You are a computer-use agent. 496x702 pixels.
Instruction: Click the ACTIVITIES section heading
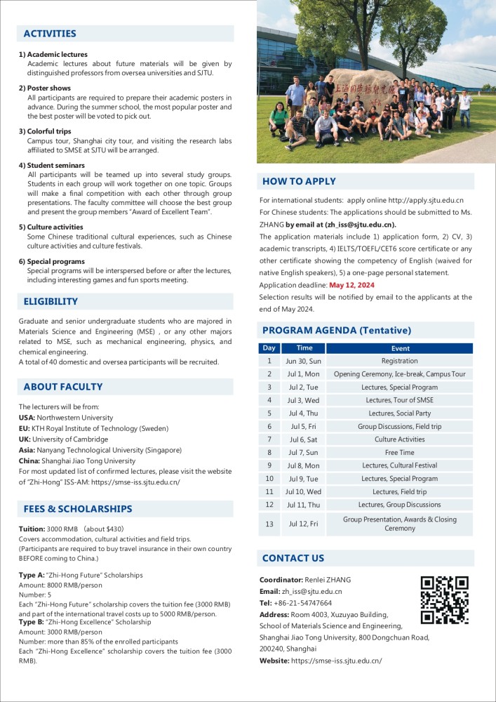click(x=50, y=34)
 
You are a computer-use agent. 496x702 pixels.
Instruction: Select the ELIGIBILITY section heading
click(x=51, y=302)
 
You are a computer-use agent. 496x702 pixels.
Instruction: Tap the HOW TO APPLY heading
click(x=298, y=182)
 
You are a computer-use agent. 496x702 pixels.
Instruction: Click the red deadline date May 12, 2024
click(x=351, y=286)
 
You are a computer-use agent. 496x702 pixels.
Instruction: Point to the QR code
click(x=444, y=600)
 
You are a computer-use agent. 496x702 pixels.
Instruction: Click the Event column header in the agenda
click(x=400, y=348)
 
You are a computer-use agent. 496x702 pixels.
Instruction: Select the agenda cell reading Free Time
click(x=400, y=453)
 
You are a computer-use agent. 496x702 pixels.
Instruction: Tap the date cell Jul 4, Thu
click(x=304, y=413)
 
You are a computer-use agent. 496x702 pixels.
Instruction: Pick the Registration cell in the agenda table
click(x=400, y=361)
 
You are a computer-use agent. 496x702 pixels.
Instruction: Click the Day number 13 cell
click(x=269, y=524)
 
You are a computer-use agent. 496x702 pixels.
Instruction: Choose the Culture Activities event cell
click(x=400, y=439)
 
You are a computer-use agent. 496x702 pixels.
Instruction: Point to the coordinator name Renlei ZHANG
click(x=328, y=580)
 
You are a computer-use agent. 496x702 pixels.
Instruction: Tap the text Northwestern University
click(x=75, y=418)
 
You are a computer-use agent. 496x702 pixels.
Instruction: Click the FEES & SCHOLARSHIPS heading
click(x=78, y=509)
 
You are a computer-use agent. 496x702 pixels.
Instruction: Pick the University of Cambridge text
click(x=74, y=439)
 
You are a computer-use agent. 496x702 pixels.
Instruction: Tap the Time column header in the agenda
click(x=304, y=348)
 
